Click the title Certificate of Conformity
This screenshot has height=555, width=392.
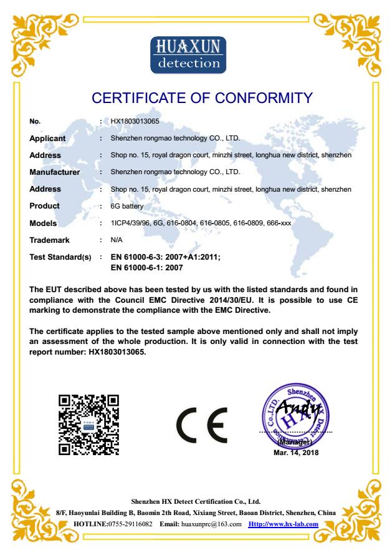pyautogui.click(x=201, y=98)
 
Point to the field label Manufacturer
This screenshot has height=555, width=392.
pyautogui.click(x=55, y=172)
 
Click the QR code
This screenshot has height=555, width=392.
pyautogui.click(x=88, y=426)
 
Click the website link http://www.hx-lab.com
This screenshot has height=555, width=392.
pyautogui.click(x=284, y=524)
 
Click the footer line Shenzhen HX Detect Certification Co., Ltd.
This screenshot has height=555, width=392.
pyautogui.click(x=196, y=501)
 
